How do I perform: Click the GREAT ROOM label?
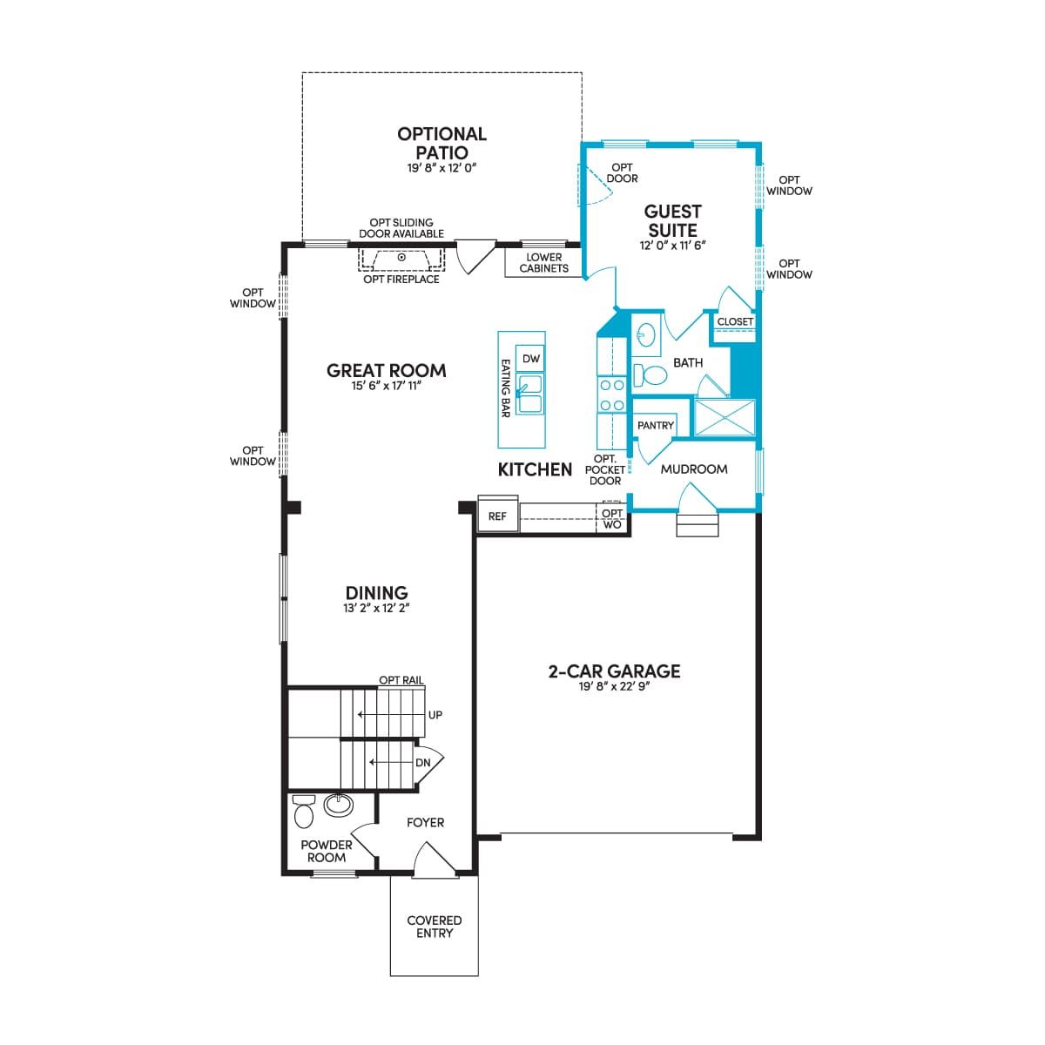[x=386, y=370]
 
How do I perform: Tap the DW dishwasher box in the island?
[x=531, y=359]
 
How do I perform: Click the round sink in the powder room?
[x=339, y=805]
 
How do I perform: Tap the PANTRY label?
[x=655, y=426]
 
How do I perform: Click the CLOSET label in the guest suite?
[x=735, y=321]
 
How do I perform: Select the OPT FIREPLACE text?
[x=401, y=280]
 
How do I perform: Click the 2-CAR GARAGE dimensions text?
[x=615, y=686]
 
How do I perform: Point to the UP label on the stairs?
[x=435, y=715]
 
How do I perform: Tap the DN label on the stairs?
[x=422, y=763]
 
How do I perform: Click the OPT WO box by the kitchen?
[x=612, y=518]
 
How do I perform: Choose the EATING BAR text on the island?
[x=505, y=388]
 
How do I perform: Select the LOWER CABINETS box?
[x=543, y=263]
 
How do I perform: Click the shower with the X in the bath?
[x=725, y=418]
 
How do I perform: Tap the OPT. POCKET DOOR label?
[x=605, y=469]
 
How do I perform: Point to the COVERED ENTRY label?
[x=435, y=927]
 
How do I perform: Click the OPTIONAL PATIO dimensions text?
[x=442, y=168]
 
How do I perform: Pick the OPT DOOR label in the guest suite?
[x=622, y=173]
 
